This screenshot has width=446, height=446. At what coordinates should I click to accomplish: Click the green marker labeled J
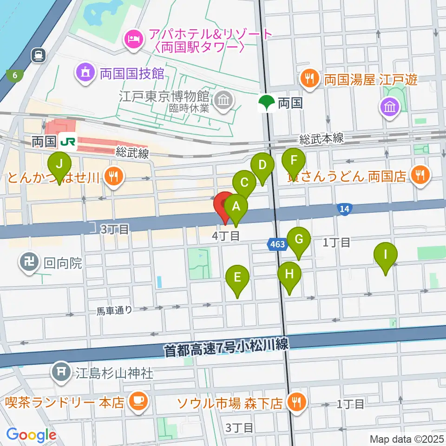click(59, 164)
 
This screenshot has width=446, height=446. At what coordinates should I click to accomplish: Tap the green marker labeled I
click(385, 255)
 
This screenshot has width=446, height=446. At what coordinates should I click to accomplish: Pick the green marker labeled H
click(289, 274)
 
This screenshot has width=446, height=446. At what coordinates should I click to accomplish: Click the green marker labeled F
click(293, 161)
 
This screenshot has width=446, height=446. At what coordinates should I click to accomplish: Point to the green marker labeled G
click(299, 240)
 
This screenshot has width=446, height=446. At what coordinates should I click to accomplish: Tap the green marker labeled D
click(262, 165)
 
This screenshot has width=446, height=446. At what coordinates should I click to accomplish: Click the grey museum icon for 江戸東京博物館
click(223, 100)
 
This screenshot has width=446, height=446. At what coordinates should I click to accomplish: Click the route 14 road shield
click(344, 210)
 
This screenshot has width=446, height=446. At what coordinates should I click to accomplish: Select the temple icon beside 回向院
click(29, 262)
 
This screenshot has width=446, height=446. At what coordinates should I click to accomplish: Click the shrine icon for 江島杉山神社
click(61, 372)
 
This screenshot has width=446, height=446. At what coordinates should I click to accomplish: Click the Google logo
click(31, 434)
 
